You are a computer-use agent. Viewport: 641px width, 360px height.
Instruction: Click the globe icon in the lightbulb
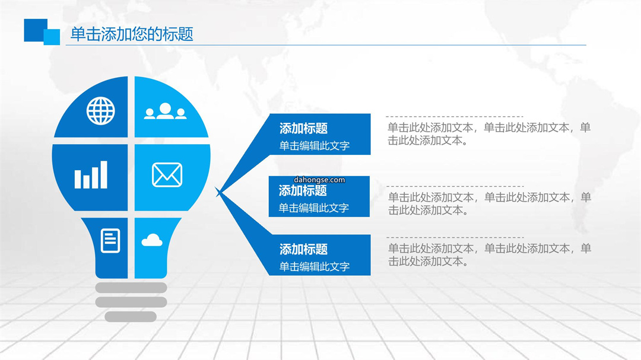100,111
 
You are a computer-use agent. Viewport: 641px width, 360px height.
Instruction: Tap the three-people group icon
165,111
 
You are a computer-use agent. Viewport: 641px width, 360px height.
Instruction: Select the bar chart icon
91,174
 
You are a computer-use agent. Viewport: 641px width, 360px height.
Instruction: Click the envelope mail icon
167,175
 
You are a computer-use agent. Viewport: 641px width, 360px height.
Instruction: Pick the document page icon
110,241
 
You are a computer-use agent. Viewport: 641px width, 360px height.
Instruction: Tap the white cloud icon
152,240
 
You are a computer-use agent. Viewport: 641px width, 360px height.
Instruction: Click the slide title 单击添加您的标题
132,34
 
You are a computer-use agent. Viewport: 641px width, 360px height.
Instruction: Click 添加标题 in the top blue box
303,128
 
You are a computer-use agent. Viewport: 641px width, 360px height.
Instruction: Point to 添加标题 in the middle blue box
303,190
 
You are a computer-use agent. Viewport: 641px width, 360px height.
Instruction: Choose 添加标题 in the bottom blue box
303,249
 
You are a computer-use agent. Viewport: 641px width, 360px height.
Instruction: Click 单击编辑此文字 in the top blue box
315,146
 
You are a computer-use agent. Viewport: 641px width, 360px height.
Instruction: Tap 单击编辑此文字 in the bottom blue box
315,267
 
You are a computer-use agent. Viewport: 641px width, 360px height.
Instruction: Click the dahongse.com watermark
319,180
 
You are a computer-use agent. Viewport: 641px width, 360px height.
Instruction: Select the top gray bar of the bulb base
131,288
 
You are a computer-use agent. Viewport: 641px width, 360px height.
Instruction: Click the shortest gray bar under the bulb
131,317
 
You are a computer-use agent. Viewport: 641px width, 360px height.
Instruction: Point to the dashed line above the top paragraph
455,116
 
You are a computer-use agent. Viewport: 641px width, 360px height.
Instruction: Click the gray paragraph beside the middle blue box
489,203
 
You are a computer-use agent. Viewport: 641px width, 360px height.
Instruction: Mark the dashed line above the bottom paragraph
455,237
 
